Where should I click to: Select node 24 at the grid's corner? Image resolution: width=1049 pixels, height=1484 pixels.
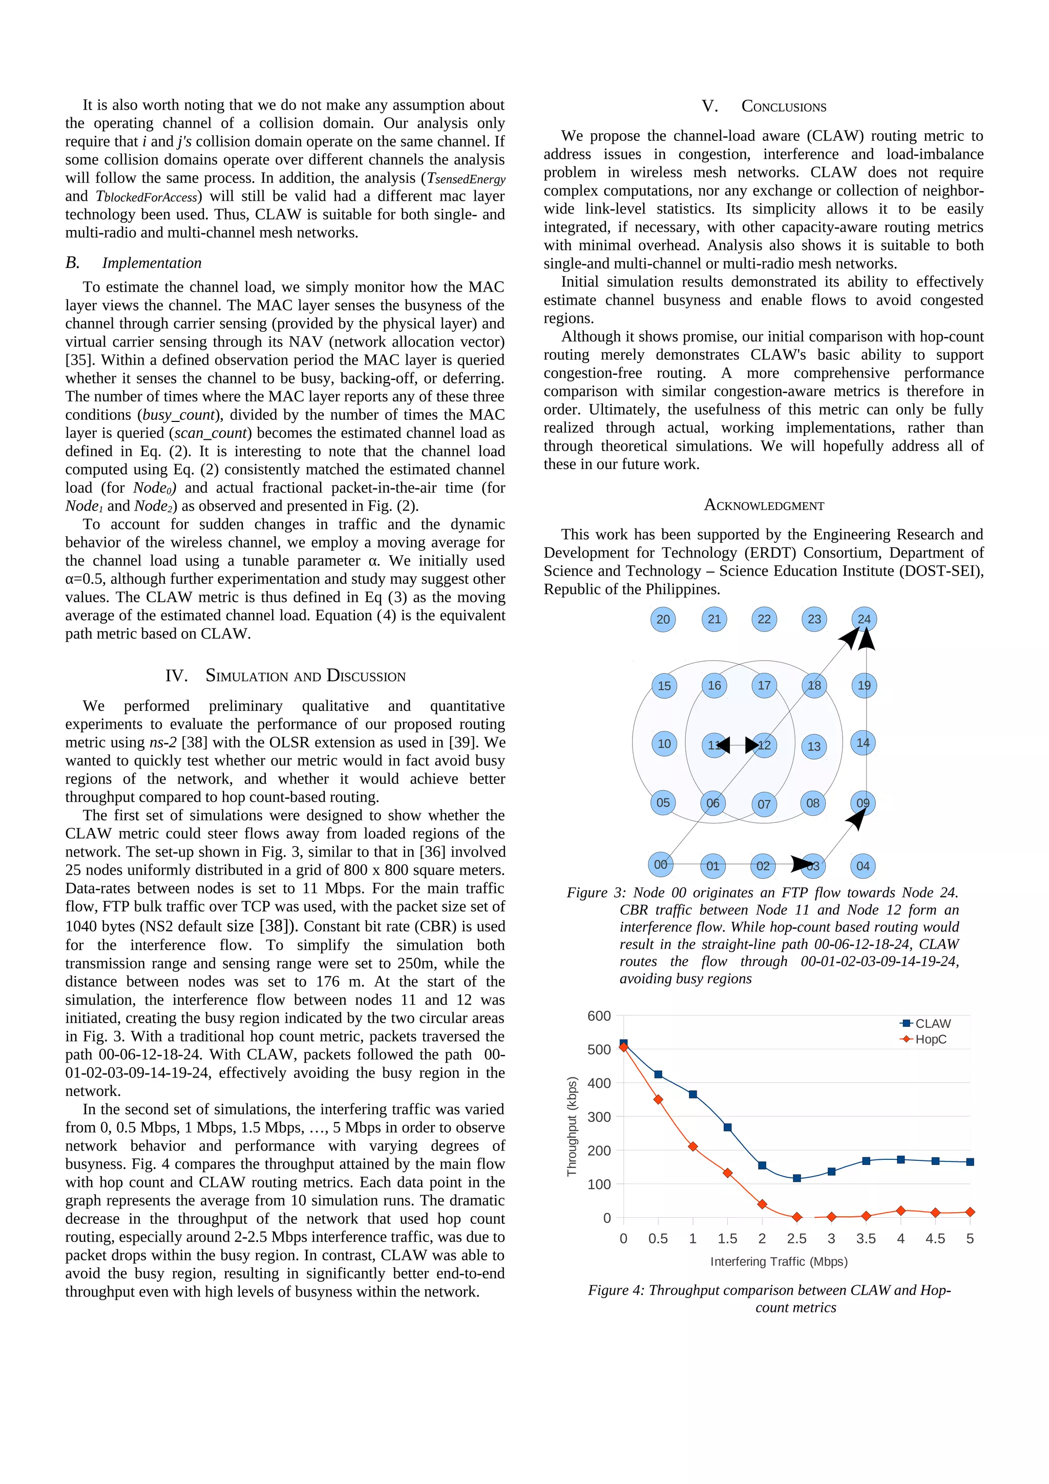click(864, 619)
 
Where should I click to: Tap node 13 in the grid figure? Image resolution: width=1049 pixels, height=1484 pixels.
click(814, 747)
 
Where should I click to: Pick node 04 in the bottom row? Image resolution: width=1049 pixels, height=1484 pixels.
click(863, 865)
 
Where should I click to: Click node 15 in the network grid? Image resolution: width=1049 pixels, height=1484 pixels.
click(664, 686)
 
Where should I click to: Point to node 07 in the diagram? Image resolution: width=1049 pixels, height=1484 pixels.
click(764, 804)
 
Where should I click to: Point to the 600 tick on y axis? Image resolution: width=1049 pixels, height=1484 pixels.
click(599, 1016)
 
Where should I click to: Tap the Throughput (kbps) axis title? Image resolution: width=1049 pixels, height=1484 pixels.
click(571, 1126)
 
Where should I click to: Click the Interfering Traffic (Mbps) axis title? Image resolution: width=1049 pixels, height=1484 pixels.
click(779, 1262)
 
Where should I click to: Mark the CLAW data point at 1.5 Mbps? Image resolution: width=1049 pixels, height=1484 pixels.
click(727, 1127)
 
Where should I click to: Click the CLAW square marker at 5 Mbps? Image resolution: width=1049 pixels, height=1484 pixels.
click(970, 1162)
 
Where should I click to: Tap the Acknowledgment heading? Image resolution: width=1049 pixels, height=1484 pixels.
click(764, 505)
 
